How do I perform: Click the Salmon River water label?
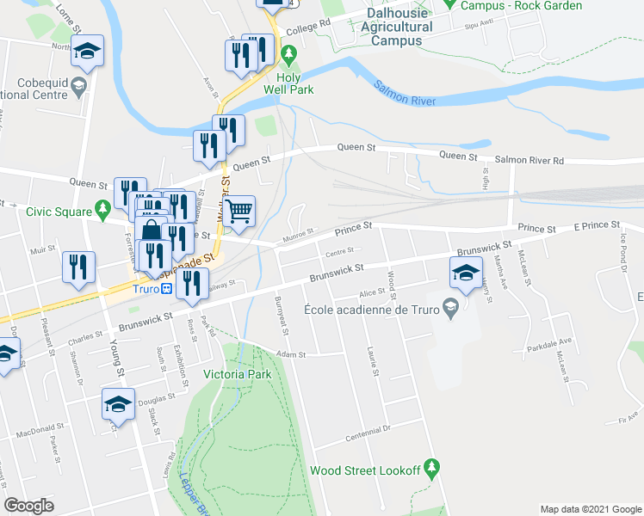click(x=406, y=94)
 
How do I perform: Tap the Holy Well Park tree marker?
click(x=289, y=56)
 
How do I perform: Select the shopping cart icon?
click(x=240, y=209)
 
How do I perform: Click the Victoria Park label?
click(x=237, y=374)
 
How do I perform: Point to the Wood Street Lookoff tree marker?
click(x=432, y=469)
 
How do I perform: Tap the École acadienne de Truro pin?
click(x=449, y=306)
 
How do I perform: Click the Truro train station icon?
click(x=166, y=289)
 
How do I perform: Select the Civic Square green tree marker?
click(x=102, y=207)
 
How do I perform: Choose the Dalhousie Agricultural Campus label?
click(x=397, y=27)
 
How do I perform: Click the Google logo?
click(x=28, y=505)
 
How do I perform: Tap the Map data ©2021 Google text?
click(x=590, y=508)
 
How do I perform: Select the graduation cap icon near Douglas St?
click(x=118, y=403)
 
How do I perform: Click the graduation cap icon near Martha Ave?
click(x=465, y=273)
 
